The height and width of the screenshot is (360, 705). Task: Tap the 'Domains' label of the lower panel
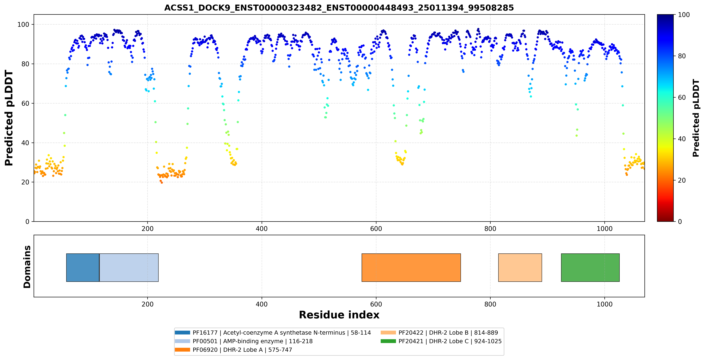(x=27, y=267)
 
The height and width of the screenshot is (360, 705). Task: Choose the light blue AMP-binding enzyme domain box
(x=129, y=267)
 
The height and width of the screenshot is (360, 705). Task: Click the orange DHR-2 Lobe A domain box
(x=411, y=267)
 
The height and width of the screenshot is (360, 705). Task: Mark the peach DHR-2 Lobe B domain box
(x=520, y=267)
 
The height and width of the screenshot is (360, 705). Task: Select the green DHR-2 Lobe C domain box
(x=590, y=267)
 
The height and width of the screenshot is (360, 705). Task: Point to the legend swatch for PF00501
(x=182, y=341)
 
